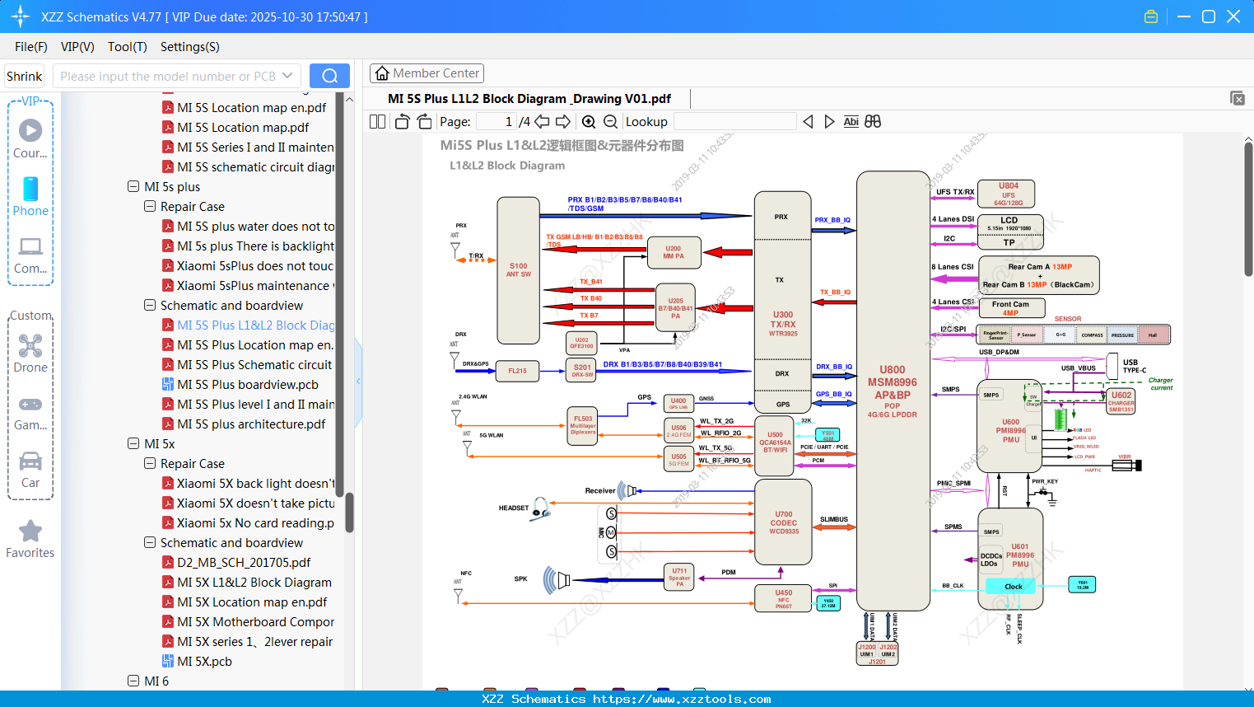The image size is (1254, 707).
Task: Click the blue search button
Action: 329,76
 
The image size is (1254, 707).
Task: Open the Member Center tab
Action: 427,73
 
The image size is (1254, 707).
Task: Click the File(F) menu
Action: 31,47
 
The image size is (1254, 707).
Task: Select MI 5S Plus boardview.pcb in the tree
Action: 247,385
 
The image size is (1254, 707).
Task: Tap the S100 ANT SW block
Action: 518,269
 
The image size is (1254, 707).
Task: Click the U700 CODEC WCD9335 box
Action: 783,522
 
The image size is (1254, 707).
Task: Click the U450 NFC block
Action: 783,598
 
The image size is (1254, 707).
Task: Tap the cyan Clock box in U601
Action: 1014,587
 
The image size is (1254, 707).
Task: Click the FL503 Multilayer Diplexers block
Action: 582,425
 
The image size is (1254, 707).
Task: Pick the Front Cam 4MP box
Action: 1010,307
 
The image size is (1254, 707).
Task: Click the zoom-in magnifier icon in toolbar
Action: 589,122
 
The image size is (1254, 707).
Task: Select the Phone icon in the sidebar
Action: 30,196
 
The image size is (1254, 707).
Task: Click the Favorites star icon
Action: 30,531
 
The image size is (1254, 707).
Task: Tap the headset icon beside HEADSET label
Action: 540,508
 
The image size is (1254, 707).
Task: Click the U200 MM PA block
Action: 674,252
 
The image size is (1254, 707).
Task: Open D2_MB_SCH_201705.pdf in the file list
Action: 244,563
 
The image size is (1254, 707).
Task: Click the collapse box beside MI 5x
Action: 133,444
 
